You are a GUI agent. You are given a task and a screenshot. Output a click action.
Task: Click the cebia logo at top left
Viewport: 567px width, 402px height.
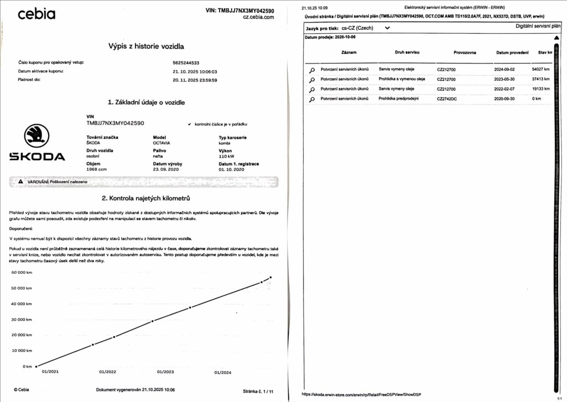tap(37, 14)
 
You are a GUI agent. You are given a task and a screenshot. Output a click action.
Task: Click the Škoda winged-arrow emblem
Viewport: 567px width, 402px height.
tap(37, 135)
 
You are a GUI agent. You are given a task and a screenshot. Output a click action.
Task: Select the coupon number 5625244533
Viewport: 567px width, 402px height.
tap(186, 62)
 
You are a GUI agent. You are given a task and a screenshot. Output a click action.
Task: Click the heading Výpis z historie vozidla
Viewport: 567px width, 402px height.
tap(146, 46)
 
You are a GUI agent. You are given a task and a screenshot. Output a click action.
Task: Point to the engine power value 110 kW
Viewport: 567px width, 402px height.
tap(227, 156)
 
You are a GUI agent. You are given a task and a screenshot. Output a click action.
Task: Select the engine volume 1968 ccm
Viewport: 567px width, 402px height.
tap(96, 169)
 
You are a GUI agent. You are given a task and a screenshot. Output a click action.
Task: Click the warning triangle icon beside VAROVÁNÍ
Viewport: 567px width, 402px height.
tap(20, 181)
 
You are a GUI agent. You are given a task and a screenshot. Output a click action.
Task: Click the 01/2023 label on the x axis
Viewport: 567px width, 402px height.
tap(165, 372)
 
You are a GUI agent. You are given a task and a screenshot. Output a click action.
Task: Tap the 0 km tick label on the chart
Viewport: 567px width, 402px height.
tap(27, 366)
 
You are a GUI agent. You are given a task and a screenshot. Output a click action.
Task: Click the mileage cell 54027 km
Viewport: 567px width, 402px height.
tap(540, 70)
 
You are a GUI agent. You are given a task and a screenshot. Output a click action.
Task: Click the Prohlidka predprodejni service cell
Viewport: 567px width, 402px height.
tap(399, 98)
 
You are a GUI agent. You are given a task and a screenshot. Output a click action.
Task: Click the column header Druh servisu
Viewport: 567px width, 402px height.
tap(407, 53)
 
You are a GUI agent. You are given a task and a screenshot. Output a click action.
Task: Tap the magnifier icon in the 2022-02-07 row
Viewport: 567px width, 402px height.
tap(312, 90)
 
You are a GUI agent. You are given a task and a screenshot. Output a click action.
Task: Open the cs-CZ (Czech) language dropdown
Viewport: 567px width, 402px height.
tap(365, 27)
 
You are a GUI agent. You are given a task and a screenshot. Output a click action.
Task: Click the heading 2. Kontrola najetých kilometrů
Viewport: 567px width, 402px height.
tap(146, 197)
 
